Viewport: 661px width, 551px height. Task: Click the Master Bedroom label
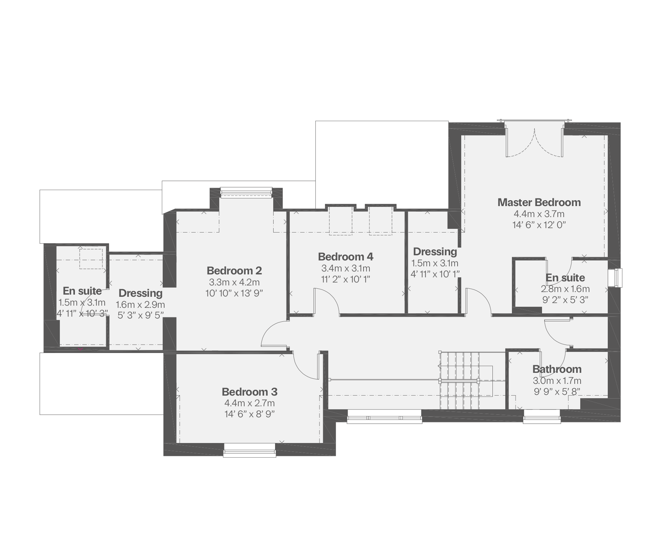[539, 202]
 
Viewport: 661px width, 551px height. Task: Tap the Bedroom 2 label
[234, 271]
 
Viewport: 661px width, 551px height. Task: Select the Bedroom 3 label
[250, 392]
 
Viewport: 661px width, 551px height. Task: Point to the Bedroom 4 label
[346, 256]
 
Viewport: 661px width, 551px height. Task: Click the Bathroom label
[557, 369]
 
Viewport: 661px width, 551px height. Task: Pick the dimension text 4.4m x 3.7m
[539, 214]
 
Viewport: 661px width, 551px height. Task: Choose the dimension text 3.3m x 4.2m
[234, 282]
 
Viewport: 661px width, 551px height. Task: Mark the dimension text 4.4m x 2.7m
[250, 403]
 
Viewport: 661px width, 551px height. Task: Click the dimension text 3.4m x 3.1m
[346, 268]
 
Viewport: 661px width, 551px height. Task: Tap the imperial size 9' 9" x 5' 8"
[557, 392]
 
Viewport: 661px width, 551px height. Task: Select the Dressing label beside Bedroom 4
[435, 252]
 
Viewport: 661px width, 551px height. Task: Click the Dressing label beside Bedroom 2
[141, 293]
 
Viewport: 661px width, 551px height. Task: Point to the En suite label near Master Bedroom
[566, 278]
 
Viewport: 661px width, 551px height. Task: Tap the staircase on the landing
[466, 381]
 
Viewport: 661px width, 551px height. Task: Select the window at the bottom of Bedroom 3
[250, 450]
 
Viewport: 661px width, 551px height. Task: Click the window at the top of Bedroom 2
[246, 192]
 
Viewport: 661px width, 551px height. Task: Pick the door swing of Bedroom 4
[326, 302]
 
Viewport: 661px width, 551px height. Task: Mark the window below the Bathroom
[542, 417]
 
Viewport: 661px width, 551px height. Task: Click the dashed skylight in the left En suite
[91, 259]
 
